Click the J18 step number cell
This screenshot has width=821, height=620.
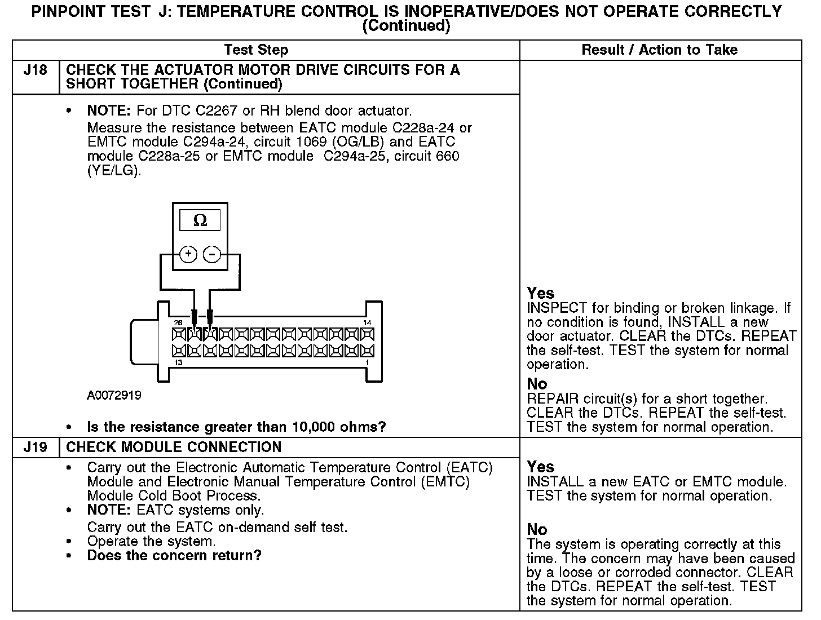(x=35, y=70)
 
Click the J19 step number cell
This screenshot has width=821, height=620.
(x=35, y=448)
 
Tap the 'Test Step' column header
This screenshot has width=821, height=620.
(x=256, y=50)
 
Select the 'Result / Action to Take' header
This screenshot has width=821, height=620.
(x=659, y=50)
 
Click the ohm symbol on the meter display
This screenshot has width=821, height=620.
(x=200, y=221)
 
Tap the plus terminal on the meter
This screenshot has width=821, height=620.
(x=188, y=254)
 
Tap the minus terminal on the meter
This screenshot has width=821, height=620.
(x=212, y=254)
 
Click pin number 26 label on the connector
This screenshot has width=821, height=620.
(x=178, y=323)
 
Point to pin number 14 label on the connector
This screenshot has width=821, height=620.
(x=367, y=323)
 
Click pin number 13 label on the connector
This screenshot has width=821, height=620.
(x=178, y=362)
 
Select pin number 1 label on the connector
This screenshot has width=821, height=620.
(x=367, y=362)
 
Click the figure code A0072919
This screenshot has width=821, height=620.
(x=114, y=395)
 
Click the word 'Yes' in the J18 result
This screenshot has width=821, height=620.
(x=541, y=294)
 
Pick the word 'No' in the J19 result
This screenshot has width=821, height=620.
(x=537, y=530)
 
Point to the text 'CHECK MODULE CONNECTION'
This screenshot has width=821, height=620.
(x=174, y=448)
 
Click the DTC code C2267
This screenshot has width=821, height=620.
(x=223, y=110)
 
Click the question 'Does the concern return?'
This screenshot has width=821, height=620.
(x=174, y=556)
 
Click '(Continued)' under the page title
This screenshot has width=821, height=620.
(x=406, y=26)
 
